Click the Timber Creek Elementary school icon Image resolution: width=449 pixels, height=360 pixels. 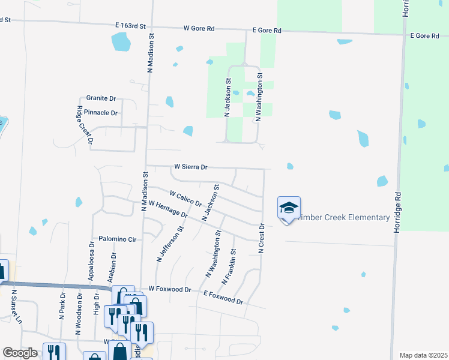[289, 209]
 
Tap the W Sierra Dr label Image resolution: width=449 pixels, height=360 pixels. [190, 167]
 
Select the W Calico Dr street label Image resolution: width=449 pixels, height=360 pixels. [185, 199]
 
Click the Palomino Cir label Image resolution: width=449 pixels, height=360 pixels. [118, 239]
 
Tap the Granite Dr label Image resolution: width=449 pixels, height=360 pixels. [101, 98]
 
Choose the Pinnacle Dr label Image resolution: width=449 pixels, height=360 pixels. [101, 112]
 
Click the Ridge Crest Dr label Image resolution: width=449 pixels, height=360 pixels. [84, 125]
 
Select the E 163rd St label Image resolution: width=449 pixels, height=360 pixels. [131, 26]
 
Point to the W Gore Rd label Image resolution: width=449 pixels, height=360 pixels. [199, 28]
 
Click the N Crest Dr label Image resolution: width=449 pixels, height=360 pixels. [261, 238]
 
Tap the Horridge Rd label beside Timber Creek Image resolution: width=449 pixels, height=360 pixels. [397, 213]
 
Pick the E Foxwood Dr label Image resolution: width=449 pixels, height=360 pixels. [223, 296]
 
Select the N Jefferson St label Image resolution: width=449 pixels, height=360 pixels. [170, 244]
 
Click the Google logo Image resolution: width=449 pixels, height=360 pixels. [20, 353]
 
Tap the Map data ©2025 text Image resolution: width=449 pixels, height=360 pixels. [423, 355]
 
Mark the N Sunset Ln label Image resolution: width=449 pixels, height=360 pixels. [16, 307]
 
